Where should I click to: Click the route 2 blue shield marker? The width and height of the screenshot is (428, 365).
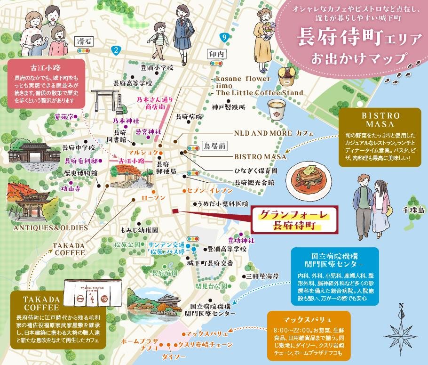pos(115,49)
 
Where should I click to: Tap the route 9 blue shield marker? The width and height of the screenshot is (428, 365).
pos(225,37)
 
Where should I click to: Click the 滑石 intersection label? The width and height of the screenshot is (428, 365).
pos(84,42)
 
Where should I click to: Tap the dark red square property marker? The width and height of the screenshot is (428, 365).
pos(175,211)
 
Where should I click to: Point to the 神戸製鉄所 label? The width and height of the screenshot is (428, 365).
pos(229,107)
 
